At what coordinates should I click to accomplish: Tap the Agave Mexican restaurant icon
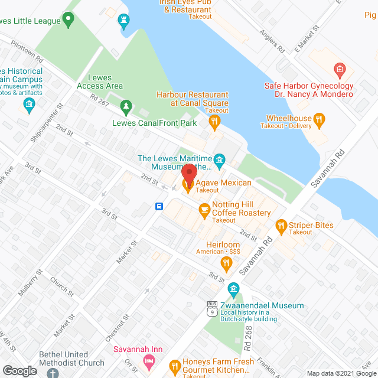click(x=188, y=187)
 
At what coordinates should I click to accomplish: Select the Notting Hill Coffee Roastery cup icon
click(x=204, y=208)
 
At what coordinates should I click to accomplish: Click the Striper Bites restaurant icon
click(x=281, y=225)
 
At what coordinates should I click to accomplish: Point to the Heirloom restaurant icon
click(x=226, y=262)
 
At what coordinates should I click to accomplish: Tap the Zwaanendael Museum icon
click(x=233, y=288)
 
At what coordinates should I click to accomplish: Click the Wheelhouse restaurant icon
click(x=319, y=121)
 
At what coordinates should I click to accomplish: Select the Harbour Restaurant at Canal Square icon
click(x=214, y=122)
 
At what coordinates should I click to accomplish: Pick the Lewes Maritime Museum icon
click(x=220, y=159)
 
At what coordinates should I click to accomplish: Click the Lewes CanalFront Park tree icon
click(x=125, y=106)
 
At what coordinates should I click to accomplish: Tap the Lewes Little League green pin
click(x=68, y=21)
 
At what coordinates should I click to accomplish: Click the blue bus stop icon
click(x=159, y=206)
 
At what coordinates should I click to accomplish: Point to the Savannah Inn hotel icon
click(x=151, y=361)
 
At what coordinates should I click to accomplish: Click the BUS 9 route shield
click(x=211, y=308)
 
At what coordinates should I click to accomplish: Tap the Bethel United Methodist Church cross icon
click(x=53, y=373)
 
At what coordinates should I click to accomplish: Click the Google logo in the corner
click(x=19, y=370)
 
